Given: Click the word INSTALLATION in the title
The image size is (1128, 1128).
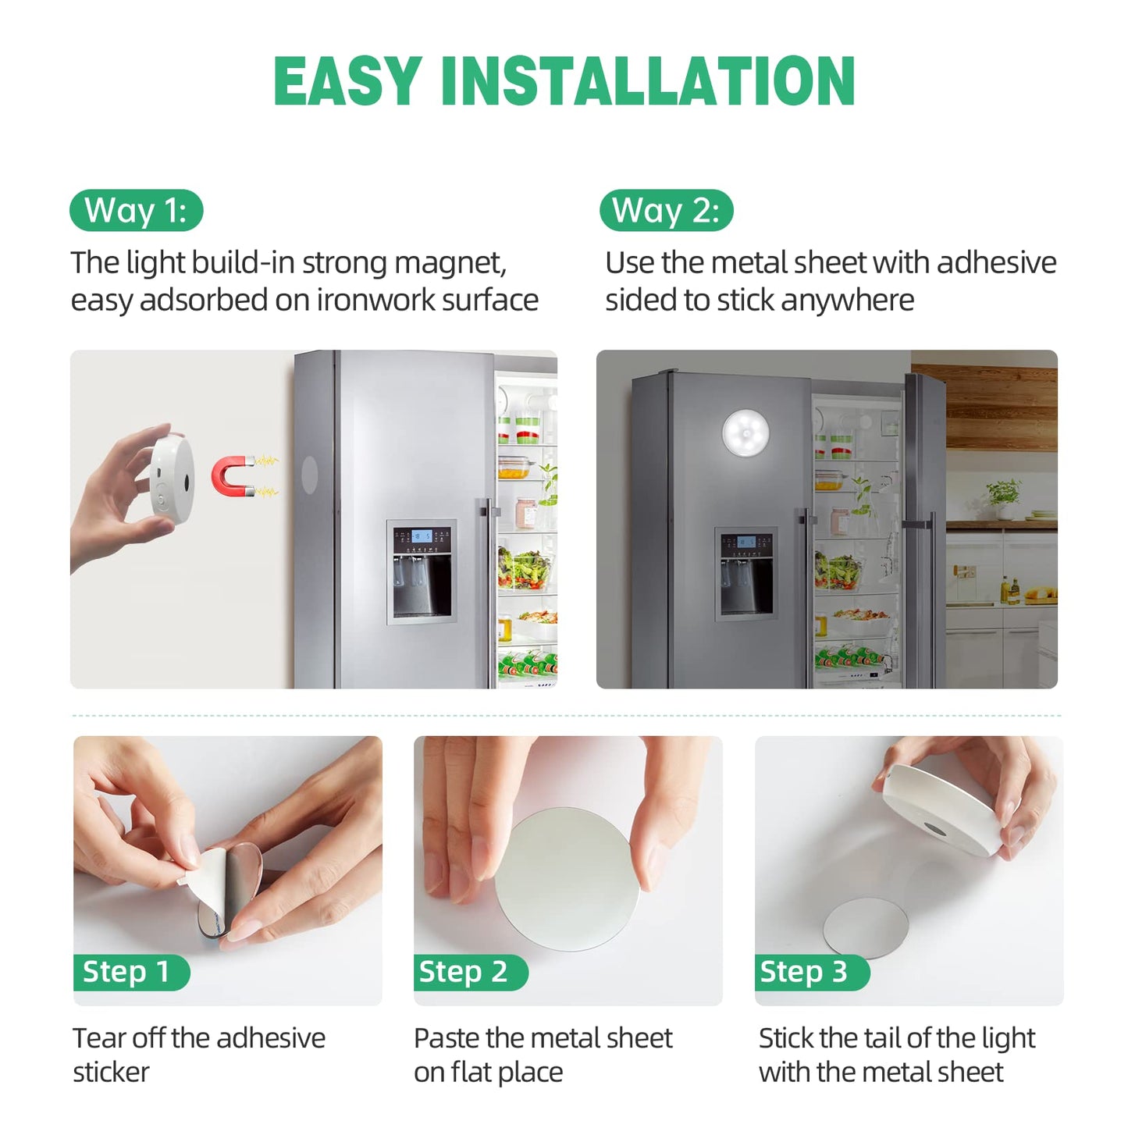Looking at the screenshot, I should [648, 81].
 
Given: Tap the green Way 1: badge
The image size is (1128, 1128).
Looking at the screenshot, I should [136, 211].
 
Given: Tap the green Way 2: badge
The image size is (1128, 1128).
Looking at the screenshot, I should [666, 211].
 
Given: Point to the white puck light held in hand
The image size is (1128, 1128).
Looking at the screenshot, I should [172, 479].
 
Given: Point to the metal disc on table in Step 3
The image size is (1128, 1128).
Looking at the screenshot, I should [866, 927].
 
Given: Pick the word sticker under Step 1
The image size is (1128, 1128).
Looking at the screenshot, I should [111, 1073].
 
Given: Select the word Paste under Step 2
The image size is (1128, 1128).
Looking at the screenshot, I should [446, 1038].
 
